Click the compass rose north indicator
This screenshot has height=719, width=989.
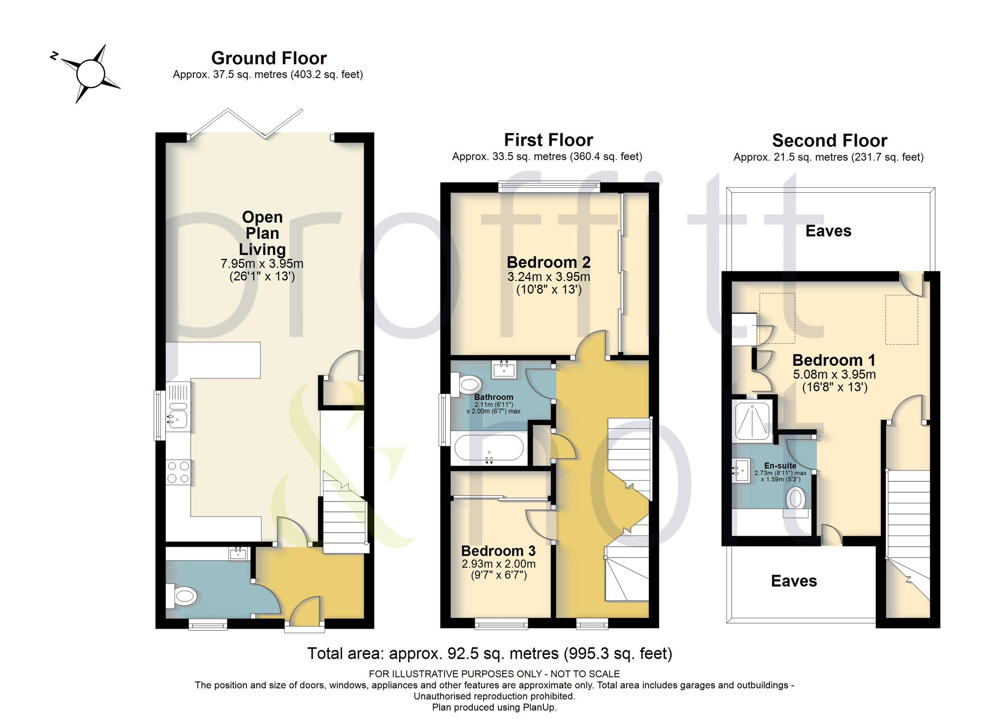point(54,56)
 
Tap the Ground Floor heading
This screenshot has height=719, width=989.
point(269,58)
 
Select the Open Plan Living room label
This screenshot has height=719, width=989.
point(262,233)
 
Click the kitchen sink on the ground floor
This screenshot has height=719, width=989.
point(178,420)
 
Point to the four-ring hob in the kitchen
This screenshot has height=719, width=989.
point(178,472)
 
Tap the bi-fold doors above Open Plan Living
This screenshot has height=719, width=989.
point(245,123)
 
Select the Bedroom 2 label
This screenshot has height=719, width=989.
point(548,262)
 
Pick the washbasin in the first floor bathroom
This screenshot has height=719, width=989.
point(504,369)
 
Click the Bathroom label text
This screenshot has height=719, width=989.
point(494,397)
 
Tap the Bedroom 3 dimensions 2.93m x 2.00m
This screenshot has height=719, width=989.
point(498,564)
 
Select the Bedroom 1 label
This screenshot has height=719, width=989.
point(834,360)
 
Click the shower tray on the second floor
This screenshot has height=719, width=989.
point(752,421)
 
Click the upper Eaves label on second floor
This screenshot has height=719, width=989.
point(828,231)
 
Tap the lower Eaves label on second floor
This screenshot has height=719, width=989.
point(794,581)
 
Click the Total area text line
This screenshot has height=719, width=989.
point(490,654)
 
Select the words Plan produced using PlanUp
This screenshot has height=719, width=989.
point(494,707)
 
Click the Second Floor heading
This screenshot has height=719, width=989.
point(830,141)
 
